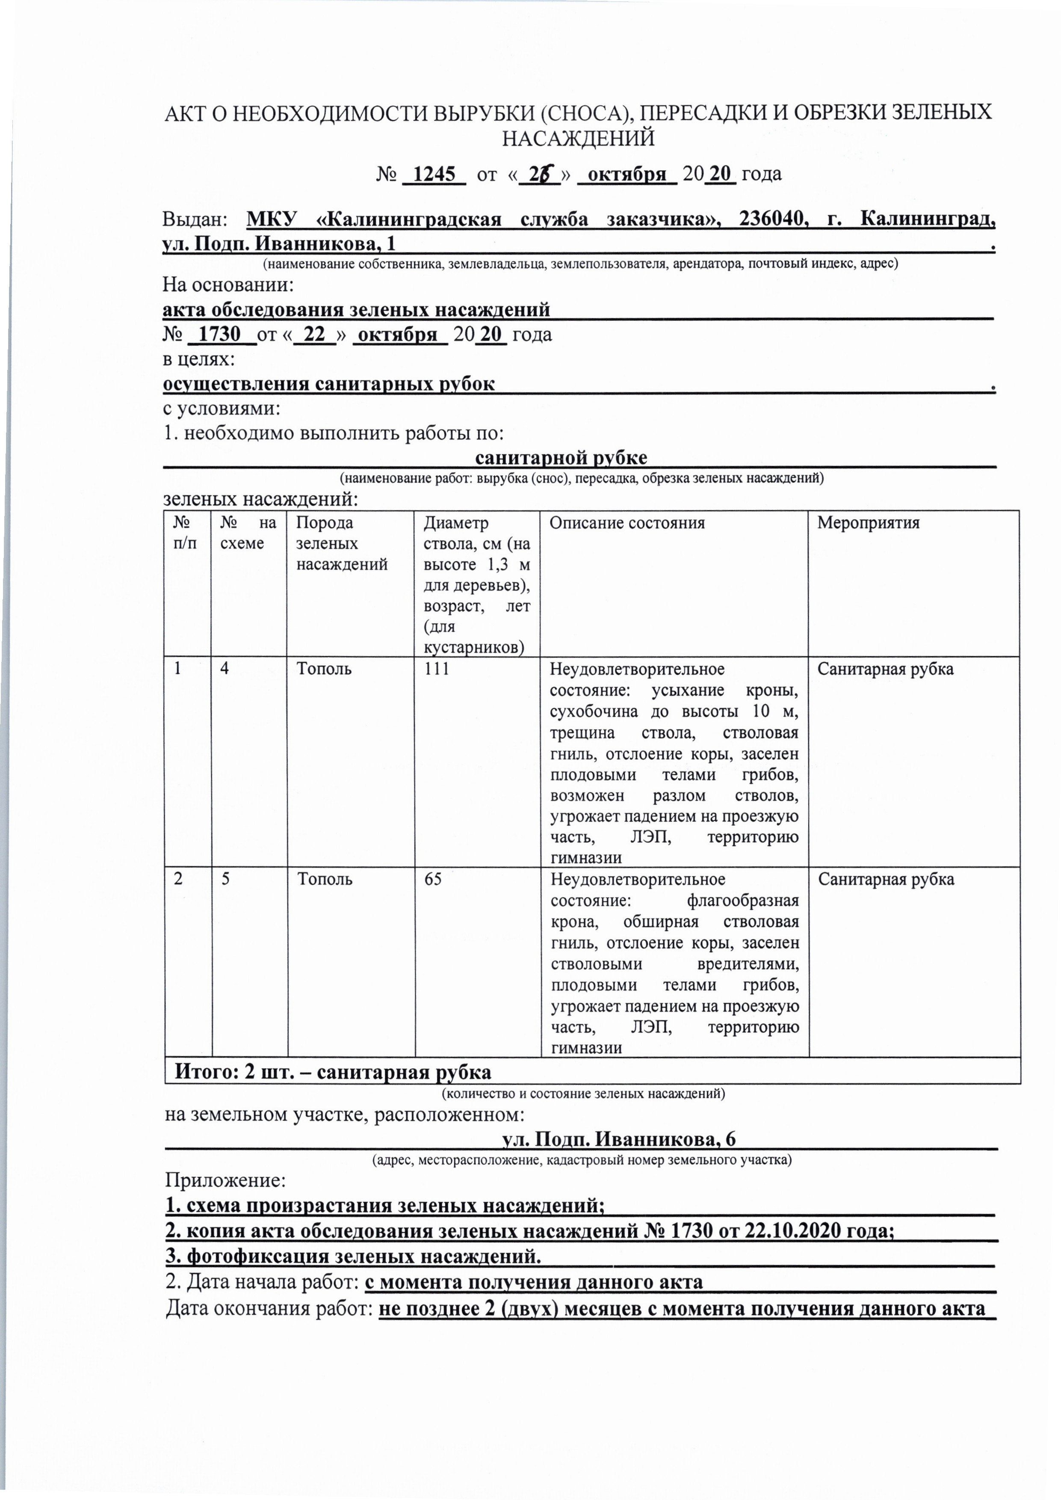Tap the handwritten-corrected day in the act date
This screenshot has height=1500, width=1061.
540,175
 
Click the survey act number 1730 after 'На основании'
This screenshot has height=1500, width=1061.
219,334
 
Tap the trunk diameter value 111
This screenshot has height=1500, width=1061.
437,669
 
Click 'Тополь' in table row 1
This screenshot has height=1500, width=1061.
324,669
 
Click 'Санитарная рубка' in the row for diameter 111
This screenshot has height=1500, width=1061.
885,669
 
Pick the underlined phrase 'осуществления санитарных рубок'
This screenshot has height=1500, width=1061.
328,384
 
